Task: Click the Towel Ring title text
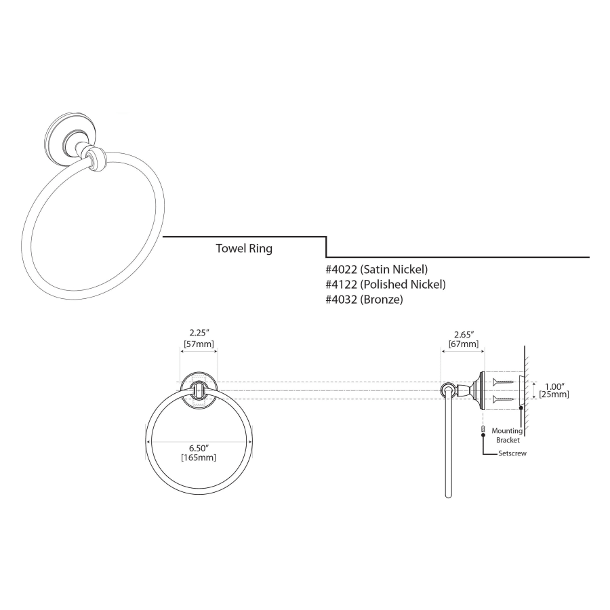[x=244, y=249]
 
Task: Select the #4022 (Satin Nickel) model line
[x=377, y=269]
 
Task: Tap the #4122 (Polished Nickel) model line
[x=386, y=285]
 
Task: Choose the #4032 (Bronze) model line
[x=364, y=300]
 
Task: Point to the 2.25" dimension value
[x=199, y=333]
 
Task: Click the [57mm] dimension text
[x=199, y=344]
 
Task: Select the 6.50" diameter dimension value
[x=199, y=448]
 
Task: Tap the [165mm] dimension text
[x=199, y=458]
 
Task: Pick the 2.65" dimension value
[x=464, y=335]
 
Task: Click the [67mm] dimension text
[x=464, y=344]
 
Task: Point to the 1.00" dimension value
[x=554, y=387]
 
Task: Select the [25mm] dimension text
[x=554, y=394]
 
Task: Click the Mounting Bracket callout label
[x=507, y=435]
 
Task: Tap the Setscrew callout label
[x=512, y=453]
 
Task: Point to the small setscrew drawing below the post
[x=483, y=429]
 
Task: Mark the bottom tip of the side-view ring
[x=448, y=497]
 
